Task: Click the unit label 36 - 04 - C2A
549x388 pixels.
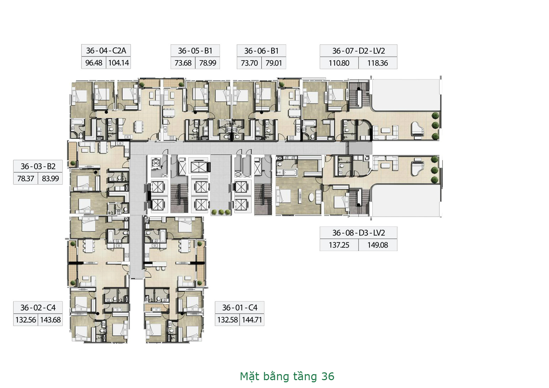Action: [106, 51]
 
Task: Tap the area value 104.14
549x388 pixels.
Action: [118, 63]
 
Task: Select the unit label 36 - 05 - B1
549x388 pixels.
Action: [195, 51]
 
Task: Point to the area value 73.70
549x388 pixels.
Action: [249, 63]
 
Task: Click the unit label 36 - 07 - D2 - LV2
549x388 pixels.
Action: [359, 51]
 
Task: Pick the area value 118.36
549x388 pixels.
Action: [377, 63]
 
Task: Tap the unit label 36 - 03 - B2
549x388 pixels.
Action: [38, 167]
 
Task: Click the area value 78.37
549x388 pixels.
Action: [26, 178]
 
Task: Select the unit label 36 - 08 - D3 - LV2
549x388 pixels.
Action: [359, 232]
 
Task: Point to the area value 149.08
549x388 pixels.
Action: [377, 245]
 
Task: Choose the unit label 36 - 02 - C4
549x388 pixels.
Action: [38, 308]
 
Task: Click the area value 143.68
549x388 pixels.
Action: [50, 320]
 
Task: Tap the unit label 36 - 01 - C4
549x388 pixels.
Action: [240, 308]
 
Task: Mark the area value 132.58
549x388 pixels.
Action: [228, 320]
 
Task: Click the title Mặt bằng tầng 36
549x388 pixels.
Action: [287, 376]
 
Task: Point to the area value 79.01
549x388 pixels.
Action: [274, 63]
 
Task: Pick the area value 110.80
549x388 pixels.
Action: [339, 63]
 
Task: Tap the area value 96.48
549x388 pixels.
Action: [94, 63]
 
